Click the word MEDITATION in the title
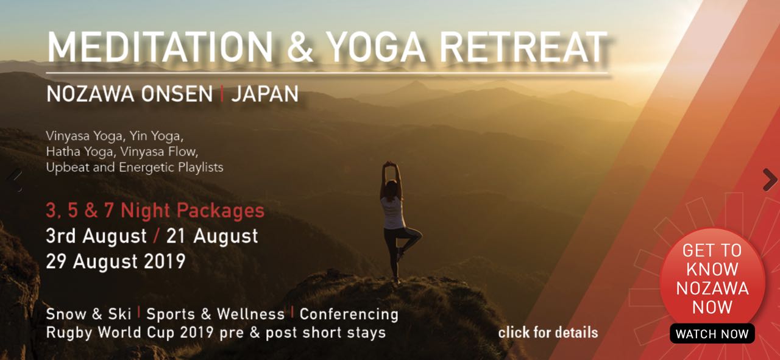coord(160,48)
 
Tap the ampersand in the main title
coord(300,48)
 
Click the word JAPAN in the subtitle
coord(265,94)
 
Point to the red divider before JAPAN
coord(222,94)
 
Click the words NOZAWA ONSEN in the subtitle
coord(130,94)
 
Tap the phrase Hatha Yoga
coord(80,152)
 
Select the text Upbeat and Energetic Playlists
coord(135,168)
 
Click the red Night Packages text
coord(193,211)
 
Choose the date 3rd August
coord(96,236)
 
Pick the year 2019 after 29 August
coord(165,261)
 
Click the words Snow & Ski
coord(88,314)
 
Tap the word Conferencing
coord(349,314)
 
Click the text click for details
coord(548,333)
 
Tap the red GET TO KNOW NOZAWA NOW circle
coord(712,278)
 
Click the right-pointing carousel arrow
coord(770,180)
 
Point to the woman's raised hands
coord(391,164)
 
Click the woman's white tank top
coord(393,213)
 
